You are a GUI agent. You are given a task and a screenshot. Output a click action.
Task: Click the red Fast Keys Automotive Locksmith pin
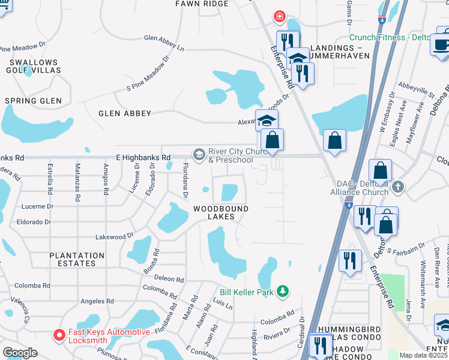58,334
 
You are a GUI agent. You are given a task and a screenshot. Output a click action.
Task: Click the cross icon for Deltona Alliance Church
397,188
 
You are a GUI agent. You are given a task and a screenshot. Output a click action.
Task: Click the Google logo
20,352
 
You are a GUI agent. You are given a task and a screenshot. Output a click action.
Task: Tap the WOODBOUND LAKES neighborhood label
221,212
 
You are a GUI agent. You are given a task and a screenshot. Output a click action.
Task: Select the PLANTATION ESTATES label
73,259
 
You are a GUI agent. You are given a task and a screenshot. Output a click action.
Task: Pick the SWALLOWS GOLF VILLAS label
32,67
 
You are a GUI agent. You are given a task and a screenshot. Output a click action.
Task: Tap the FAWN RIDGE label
202,4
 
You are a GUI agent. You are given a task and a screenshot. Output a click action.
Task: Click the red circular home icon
279,17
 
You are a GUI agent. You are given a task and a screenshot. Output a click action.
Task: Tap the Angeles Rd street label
97,301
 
